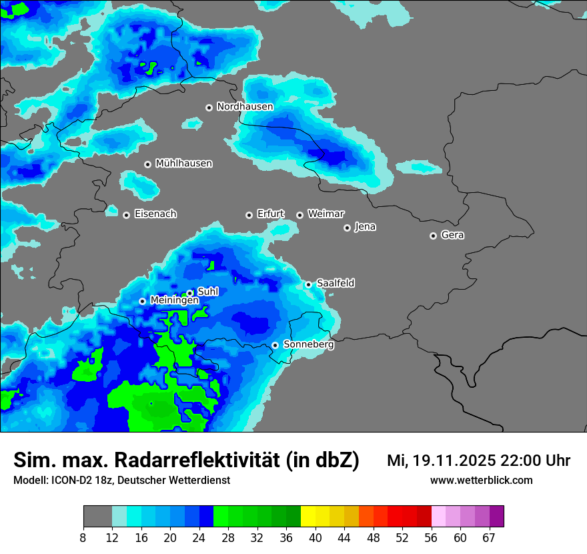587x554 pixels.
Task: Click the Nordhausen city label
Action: [245, 107]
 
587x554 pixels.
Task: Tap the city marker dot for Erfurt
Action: [249, 215]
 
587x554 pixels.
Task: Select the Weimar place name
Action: [326, 214]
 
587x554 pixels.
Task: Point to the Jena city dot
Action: [347, 228]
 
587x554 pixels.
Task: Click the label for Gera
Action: [452, 235]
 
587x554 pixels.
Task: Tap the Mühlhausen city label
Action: [183, 164]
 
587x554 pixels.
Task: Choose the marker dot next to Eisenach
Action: [126, 215]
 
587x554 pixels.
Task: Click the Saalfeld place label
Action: [336, 283]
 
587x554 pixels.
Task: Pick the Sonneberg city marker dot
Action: [275, 345]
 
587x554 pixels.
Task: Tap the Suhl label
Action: [208, 292]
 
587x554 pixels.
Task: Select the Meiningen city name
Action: [174, 300]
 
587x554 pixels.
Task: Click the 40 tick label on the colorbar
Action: [316, 537]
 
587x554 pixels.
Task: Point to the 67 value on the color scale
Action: [489, 537]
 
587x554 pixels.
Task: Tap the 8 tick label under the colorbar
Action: [83, 537]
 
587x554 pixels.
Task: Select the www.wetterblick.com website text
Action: [481, 480]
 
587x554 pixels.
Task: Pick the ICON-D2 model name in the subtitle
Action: [73, 480]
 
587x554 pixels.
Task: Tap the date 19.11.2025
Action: [454, 461]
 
